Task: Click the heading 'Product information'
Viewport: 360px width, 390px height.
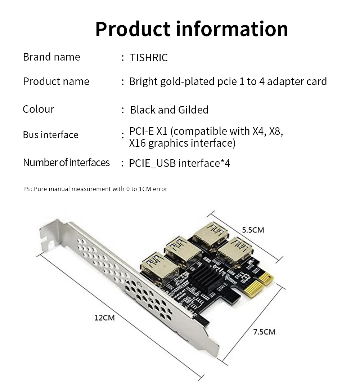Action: point(192,29)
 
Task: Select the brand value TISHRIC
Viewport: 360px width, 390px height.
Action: point(149,58)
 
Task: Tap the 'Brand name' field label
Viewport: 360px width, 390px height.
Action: point(51,57)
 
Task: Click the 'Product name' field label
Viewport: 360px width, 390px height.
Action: point(56,81)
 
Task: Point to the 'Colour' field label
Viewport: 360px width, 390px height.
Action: point(39,109)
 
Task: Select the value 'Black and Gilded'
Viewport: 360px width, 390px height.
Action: point(169,110)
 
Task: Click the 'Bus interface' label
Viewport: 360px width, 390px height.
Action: point(50,135)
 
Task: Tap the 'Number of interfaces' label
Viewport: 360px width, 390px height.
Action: point(66,163)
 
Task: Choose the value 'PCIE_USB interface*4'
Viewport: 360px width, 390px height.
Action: point(179,163)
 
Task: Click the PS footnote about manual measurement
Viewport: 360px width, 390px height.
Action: point(95,189)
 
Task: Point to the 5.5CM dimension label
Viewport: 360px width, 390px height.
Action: point(253,230)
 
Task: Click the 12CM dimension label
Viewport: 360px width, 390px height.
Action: point(104,318)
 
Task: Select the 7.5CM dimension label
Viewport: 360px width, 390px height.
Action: point(264,332)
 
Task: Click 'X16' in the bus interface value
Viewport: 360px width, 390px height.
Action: point(138,143)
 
